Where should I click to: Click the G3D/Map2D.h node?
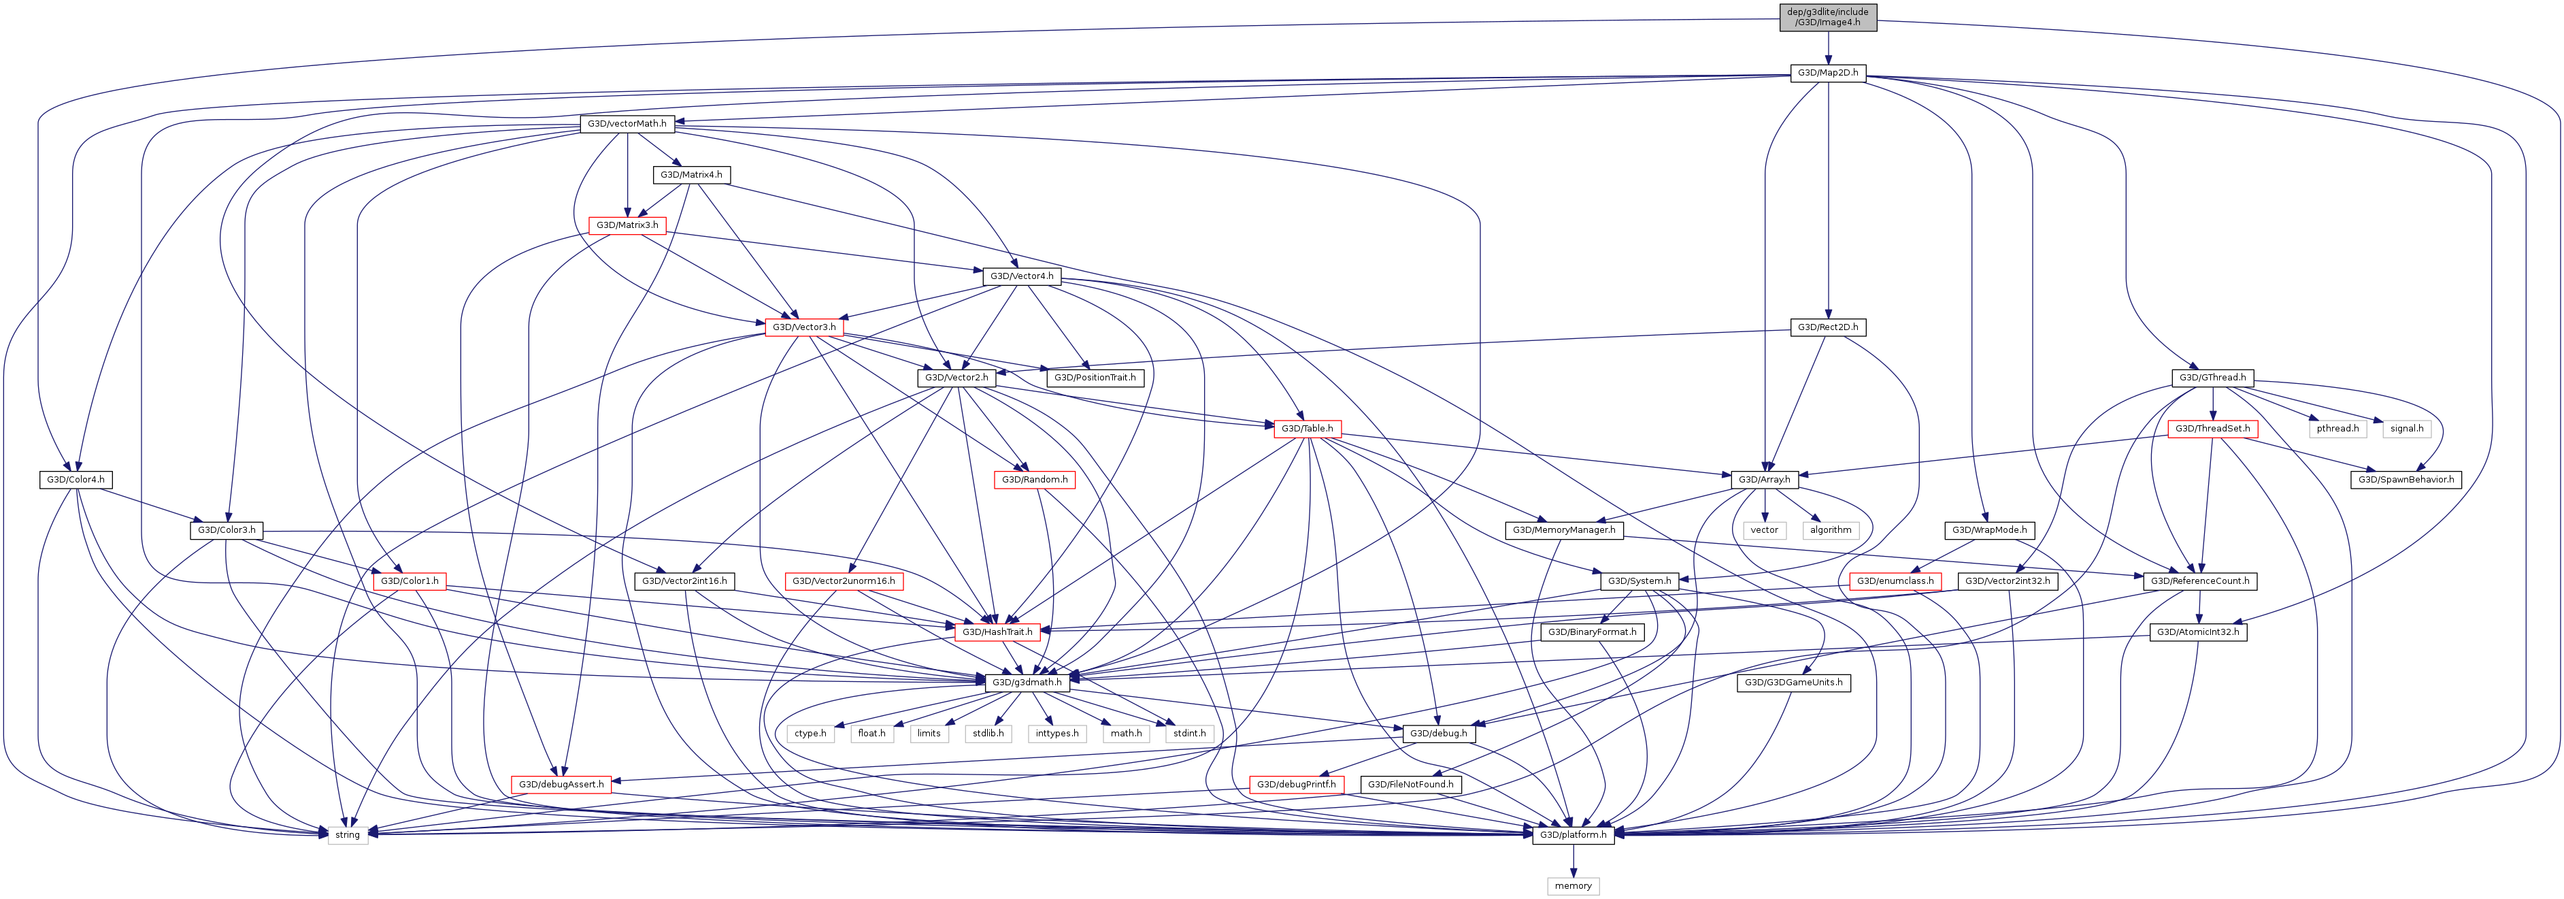pyautogui.click(x=1827, y=73)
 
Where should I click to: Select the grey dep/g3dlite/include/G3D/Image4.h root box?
pyautogui.click(x=1827, y=17)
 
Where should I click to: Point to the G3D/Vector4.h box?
pyautogui.click(x=1021, y=276)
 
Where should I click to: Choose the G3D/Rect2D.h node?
pyautogui.click(x=1827, y=327)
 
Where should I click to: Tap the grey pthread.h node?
pyautogui.click(x=2337, y=428)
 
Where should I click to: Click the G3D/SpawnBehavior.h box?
pyautogui.click(x=2405, y=479)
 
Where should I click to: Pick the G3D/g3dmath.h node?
pyautogui.click(x=1027, y=682)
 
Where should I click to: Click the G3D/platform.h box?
pyautogui.click(x=1573, y=834)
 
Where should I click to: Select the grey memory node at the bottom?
pyautogui.click(x=1573, y=885)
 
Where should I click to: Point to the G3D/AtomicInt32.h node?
pyautogui.click(x=2197, y=631)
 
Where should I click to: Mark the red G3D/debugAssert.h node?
pyautogui.click(x=561, y=783)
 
